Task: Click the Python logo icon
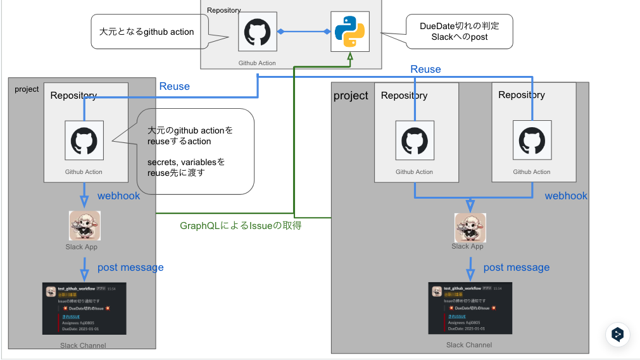pyautogui.click(x=349, y=32)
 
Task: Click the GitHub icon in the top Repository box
pyautogui.click(x=257, y=32)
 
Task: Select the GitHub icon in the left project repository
pyautogui.click(x=84, y=140)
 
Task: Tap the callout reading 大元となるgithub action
pyautogui.click(x=147, y=32)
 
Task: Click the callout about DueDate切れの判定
pyautogui.click(x=458, y=32)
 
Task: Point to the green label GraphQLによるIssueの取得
pyautogui.click(x=241, y=225)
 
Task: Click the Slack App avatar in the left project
pyautogui.click(x=84, y=226)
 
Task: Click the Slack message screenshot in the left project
pyautogui.click(x=84, y=308)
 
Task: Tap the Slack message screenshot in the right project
pyautogui.click(x=470, y=308)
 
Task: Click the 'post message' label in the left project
pyautogui.click(x=130, y=268)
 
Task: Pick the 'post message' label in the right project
pyautogui.click(x=517, y=268)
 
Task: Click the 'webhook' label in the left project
pyautogui.click(x=119, y=196)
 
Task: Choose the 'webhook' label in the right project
pyautogui.click(x=566, y=196)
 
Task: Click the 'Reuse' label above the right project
pyautogui.click(x=425, y=70)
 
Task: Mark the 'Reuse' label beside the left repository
pyautogui.click(x=174, y=87)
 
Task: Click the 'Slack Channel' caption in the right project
pyautogui.click(x=469, y=345)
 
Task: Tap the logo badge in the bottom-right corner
pyautogui.click(x=618, y=334)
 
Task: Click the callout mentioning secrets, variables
pyautogui.click(x=195, y=151)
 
